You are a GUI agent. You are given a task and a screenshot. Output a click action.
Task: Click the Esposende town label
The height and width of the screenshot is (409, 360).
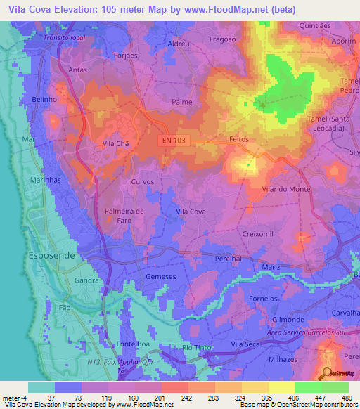[x=50, y=256]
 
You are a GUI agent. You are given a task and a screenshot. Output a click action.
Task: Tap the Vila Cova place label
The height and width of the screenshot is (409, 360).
[x=191, y=212]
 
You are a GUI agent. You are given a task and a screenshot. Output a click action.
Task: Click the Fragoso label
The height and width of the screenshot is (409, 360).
[x=221, y=40]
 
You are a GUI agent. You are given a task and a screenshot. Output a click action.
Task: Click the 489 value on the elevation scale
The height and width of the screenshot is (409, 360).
[x=345, y=398]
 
